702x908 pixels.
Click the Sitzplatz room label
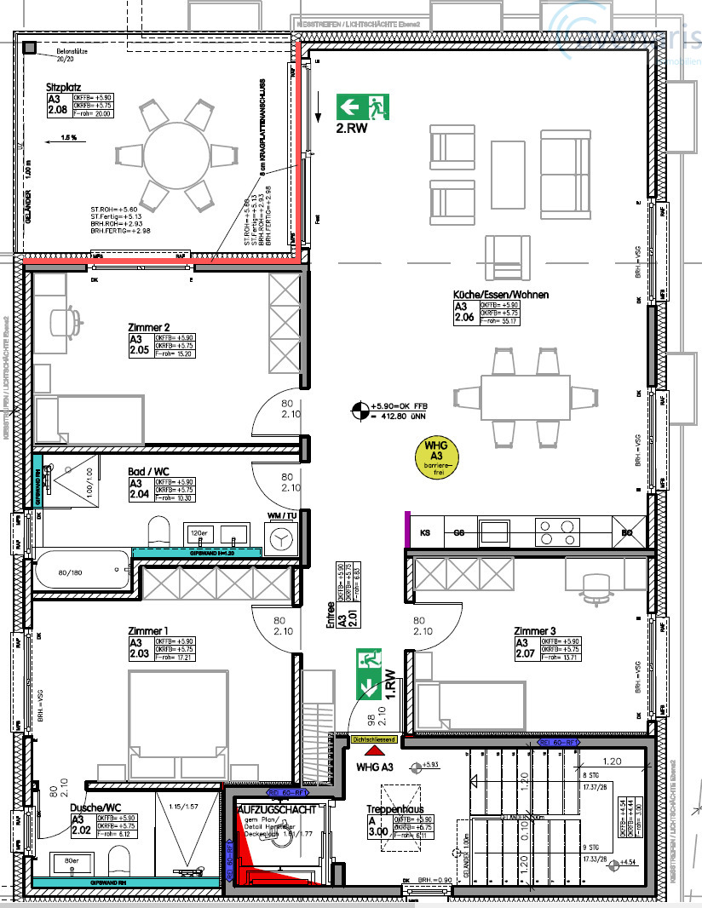[x=64, y=86]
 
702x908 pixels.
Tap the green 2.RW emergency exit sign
[x=363, y=106]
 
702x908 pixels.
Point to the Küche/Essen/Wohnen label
[x=501, y=295]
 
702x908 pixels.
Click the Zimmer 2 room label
[x=150, y=327]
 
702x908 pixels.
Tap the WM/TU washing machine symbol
[x=283, y=537]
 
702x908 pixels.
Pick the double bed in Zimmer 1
[x=178, y=720]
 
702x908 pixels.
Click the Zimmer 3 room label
[x=535, y=631]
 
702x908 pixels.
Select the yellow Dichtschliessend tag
[x=374, y=740]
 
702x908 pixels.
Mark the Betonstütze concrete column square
[x=30, y=48]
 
